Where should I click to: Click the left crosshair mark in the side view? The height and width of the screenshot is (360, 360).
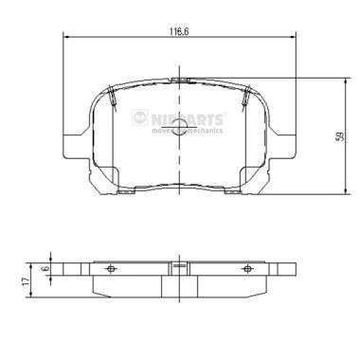point(111,269)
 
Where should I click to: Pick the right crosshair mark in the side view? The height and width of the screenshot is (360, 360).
point(247,269)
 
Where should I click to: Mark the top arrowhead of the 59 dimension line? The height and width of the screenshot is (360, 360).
point(331,78)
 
